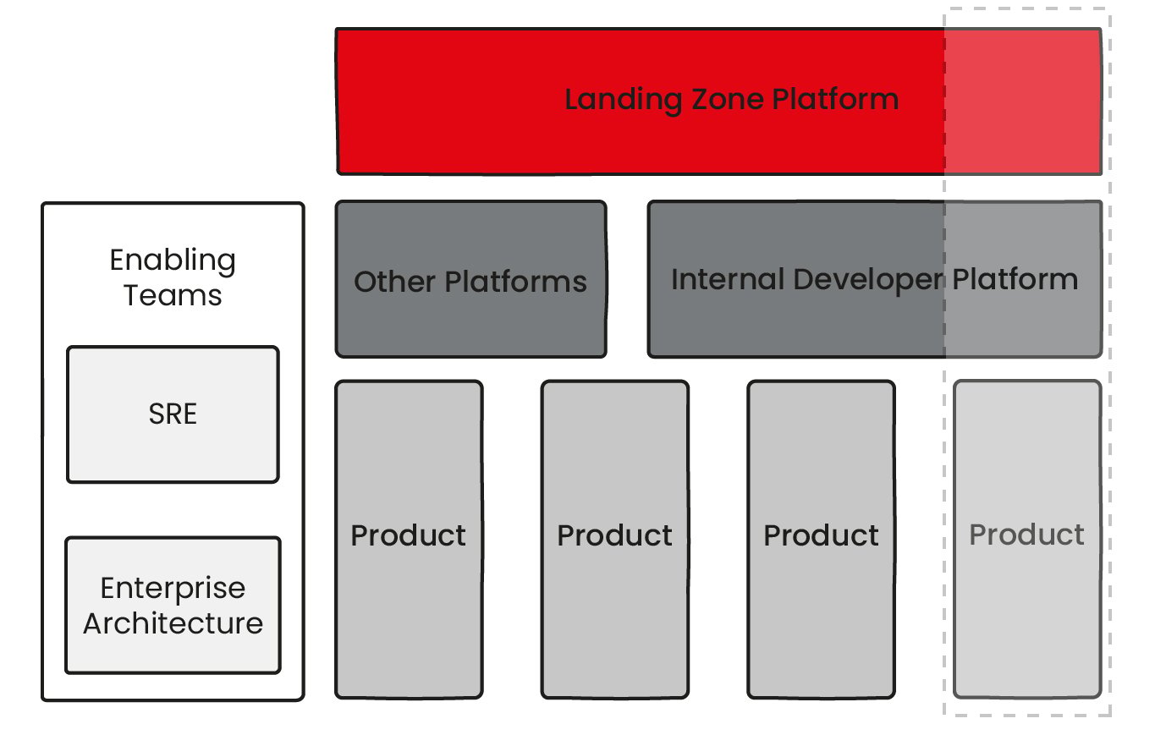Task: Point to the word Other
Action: [x=394, y=282]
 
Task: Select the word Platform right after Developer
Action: [x=1015, y=279]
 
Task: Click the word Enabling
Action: [x=173, y=261]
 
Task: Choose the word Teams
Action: [x=173, y=295]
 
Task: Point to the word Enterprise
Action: [x=173, y=588]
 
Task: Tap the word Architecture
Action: [x=173, y=623]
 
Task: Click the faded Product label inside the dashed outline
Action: [x=1026, y=535]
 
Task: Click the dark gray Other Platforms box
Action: [x=470, y=321]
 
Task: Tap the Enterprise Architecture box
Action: [x=173, y=651]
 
